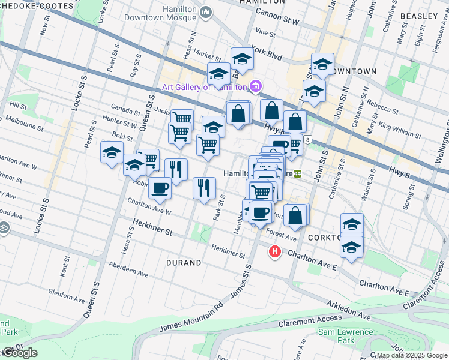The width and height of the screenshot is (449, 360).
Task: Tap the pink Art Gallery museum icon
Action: pos(256,86)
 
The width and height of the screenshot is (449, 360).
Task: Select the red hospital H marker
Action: pos(275,252)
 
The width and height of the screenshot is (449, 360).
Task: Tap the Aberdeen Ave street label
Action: pos(128,269)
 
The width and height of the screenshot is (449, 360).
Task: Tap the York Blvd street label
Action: pos(267,52)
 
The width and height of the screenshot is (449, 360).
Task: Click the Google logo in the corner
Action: pos(20,353)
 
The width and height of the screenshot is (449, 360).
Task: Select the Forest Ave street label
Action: pos(282,235)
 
